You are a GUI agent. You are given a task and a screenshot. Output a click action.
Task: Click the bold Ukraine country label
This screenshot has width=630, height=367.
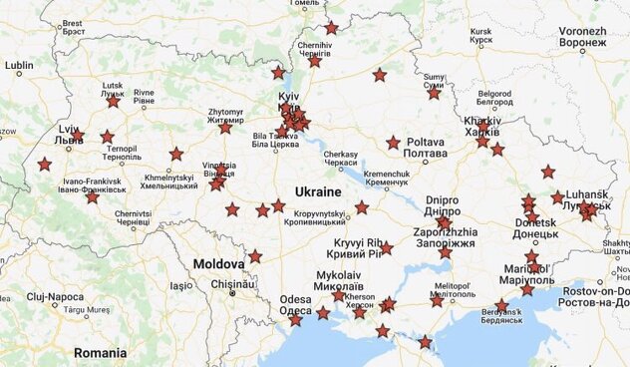(318, 190)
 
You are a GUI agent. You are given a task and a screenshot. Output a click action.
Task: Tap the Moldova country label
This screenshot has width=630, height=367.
(218, 264)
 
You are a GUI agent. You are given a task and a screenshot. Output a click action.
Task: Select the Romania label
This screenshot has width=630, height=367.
(100, 353)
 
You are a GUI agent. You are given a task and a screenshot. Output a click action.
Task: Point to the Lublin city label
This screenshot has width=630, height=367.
(19, 68)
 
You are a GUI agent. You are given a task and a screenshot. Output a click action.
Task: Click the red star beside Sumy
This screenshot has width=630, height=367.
(434, 93)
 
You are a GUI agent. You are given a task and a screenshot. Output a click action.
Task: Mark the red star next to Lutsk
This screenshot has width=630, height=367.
(113, 101)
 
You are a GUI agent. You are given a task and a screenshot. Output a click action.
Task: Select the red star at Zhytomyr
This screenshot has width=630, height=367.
(225, 127)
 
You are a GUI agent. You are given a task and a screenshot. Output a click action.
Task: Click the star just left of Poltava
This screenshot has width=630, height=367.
(394, 143)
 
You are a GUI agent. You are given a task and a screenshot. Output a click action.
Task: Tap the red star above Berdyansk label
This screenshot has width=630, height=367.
(501, 305)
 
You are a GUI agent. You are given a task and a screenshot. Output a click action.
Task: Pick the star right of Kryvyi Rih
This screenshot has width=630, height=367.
(386, 249)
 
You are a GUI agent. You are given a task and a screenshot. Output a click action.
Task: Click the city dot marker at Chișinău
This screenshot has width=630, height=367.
(232, 293)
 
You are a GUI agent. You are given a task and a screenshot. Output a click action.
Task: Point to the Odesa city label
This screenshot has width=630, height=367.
(295, 304)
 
